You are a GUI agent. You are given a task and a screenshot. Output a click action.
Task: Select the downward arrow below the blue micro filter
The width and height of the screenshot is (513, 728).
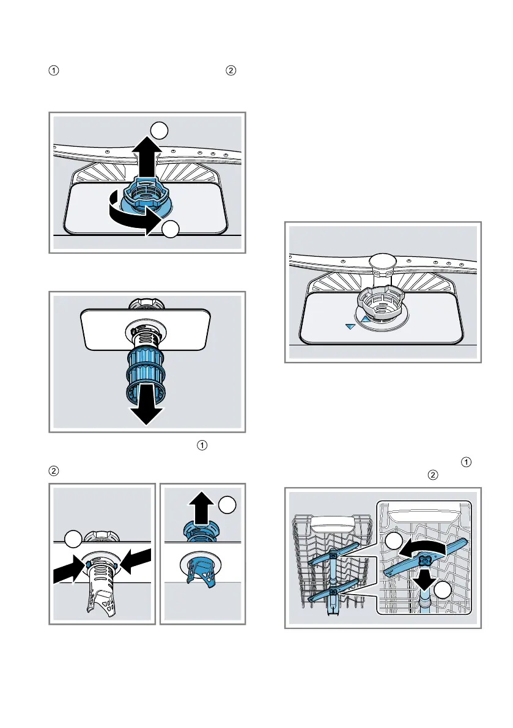click(147, 409)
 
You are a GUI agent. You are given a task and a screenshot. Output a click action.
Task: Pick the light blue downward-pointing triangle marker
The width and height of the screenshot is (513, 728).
click(350, 327)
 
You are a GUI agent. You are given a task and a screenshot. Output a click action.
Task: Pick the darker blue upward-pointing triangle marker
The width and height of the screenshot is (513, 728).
click(365, 318)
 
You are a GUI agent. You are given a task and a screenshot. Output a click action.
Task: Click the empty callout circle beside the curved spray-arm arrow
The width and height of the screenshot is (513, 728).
click(394, 541)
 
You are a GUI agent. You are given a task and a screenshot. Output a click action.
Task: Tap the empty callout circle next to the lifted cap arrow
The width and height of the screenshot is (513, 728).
click(227, 505)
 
